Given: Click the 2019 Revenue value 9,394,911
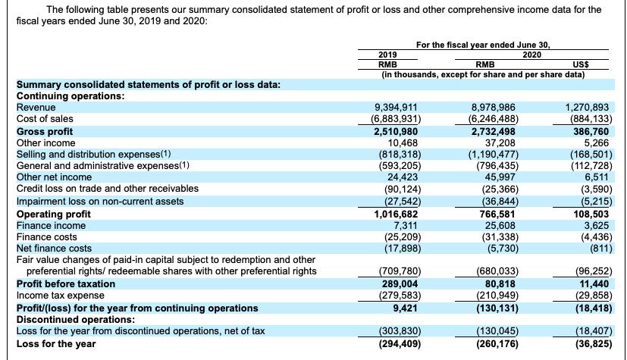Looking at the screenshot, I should [397, 108].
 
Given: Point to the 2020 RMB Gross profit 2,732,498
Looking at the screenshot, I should [497, 131].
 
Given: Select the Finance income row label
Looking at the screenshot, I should [51, 225].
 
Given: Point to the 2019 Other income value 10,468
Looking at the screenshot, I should [403, 142].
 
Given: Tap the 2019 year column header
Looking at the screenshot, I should [387, 55].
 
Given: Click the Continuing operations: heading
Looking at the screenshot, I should [71, 96].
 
